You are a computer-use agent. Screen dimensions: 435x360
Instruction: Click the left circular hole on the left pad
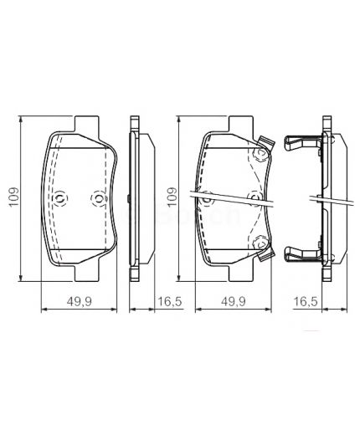tap(61, 197)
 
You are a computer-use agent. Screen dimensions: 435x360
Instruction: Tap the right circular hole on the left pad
tap(96, 198)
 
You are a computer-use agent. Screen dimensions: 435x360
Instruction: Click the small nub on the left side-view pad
tap(125, 198)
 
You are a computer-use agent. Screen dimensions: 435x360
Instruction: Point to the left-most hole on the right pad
tap(206, 197)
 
